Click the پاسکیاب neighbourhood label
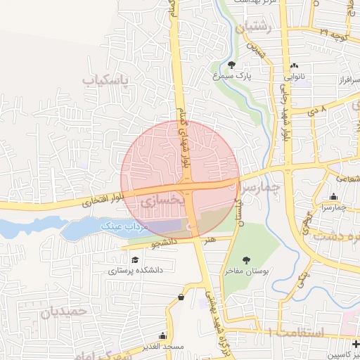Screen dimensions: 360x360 [107, 80]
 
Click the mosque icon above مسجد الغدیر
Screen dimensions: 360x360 [163, 337]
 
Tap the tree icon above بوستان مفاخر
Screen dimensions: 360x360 [246, 260]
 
